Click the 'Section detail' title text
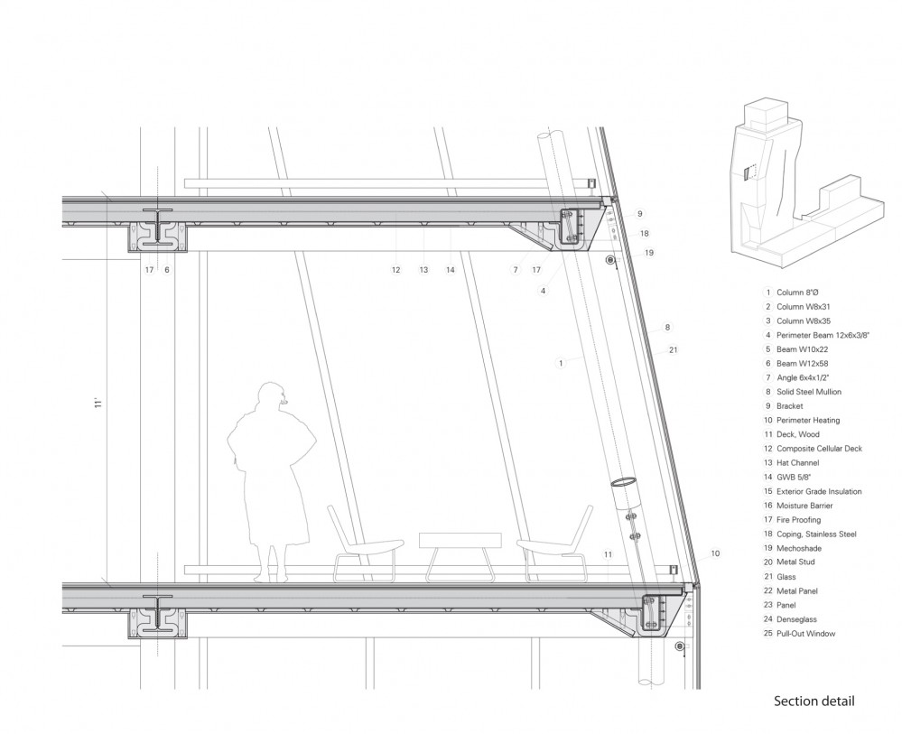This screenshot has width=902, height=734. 814,701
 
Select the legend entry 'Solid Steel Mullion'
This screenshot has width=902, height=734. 809,392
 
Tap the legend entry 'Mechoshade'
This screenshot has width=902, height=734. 799,548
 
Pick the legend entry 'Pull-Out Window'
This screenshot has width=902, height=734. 806,633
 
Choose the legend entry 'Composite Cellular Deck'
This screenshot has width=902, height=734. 819,449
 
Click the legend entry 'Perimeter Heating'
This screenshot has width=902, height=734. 808,420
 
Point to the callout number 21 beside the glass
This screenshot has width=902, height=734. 673,349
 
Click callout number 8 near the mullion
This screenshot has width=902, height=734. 667,328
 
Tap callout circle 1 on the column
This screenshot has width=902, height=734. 561,362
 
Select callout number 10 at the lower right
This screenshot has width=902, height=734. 715,553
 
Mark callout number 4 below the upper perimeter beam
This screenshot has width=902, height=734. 543,291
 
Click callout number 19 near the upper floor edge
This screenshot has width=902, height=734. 649,253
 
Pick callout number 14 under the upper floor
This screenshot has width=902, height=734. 451,269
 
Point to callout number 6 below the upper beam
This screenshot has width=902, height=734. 167,269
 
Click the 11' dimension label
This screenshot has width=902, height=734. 98,403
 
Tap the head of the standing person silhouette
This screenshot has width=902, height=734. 270,397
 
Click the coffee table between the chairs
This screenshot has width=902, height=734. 460,555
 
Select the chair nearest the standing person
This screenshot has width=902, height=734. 365,544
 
